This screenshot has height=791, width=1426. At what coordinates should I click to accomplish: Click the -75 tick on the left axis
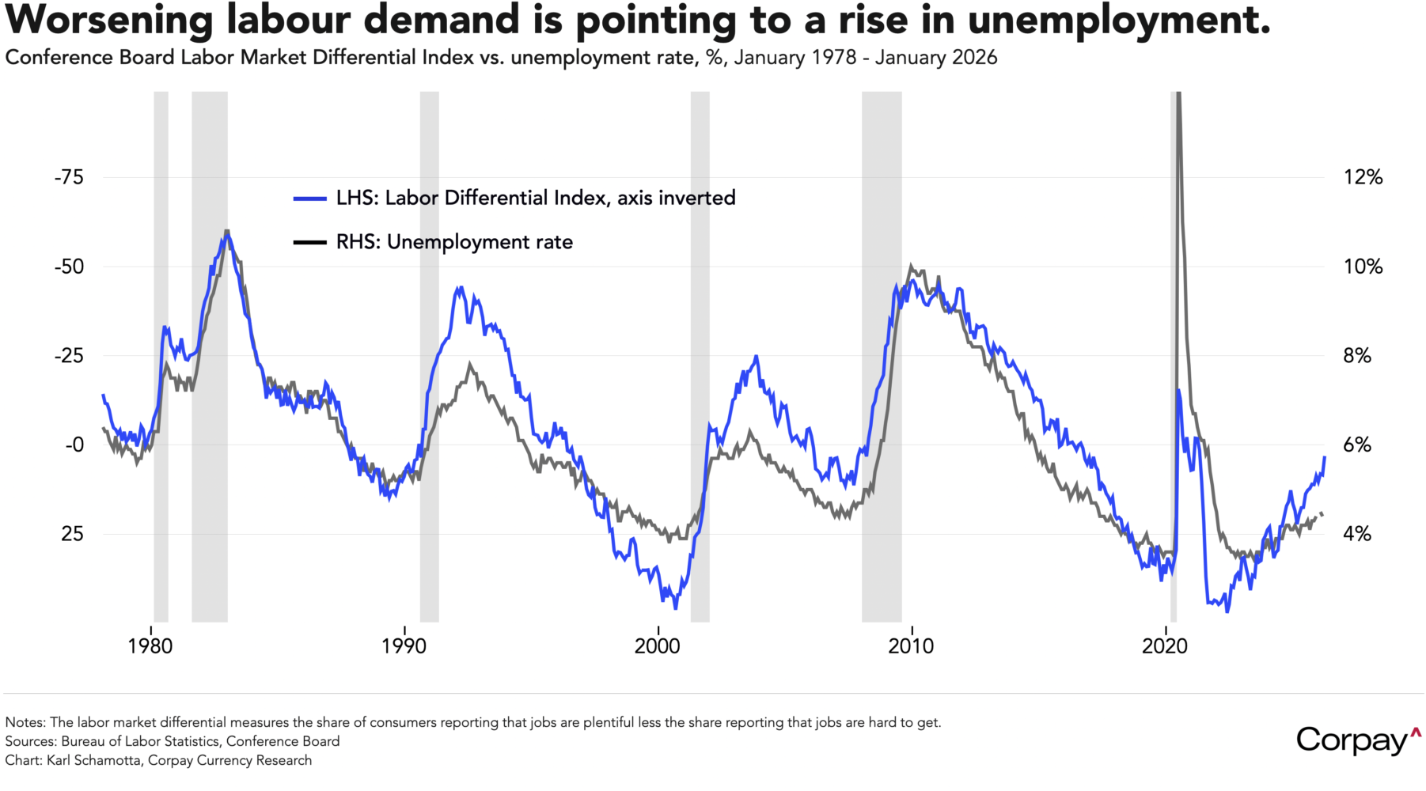(69, 177)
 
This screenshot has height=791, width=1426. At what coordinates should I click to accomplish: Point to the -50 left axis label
(69, 267)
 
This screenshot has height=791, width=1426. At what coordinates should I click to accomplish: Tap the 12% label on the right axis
(1363, 177)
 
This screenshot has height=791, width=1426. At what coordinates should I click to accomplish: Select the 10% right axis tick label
(1363, 267)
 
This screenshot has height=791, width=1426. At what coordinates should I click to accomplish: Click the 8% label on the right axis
(1356, 356)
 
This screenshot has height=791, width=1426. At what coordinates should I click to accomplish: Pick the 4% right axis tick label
(1356, 534)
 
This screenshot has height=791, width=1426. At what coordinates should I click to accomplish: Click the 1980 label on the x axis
(150, 646)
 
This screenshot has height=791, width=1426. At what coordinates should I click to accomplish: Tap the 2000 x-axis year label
(657, 646)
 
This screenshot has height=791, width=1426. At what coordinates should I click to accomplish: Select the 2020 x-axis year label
(1165, 646)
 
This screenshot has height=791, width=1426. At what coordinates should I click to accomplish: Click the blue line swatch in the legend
(310, 199)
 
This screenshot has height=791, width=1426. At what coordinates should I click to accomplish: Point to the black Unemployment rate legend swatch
(310, 242)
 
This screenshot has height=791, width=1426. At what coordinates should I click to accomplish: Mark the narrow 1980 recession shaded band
(161, 356)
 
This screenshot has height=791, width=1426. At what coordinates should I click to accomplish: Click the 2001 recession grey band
(700, 356)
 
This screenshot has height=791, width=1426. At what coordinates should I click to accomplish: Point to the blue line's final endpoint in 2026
(1325, 457)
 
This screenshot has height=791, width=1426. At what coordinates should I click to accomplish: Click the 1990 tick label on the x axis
(404, 646)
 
